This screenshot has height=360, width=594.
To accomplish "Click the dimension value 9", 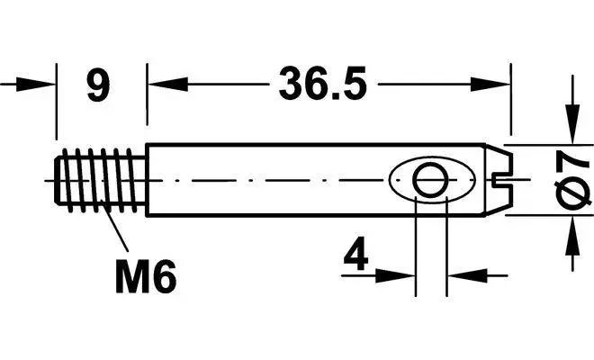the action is pos(98,86).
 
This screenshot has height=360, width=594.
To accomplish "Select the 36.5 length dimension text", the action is pos(323,84).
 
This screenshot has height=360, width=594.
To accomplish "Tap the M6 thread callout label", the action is pos(146,276).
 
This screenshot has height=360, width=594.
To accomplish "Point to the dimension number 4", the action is pos(355,253).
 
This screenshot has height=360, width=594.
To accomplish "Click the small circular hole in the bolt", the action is pos(431,180).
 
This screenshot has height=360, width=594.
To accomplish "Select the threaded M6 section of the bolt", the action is pos(101,180).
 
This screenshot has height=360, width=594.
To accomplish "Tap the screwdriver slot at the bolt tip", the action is pos(503,180).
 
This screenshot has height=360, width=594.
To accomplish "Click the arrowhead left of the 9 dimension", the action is pos(36,85).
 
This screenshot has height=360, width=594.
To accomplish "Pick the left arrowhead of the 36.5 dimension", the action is pos(167,84).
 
